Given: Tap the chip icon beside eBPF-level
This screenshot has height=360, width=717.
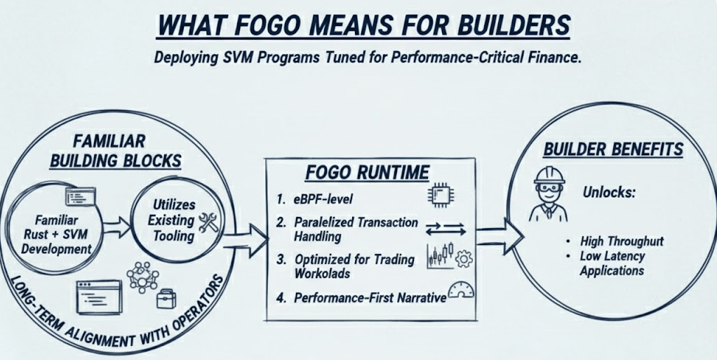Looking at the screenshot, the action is click(x=438, y=194).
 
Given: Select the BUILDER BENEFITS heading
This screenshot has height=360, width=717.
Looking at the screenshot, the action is click(x=612, y=149).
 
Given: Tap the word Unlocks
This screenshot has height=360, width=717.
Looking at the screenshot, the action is click(x=608, y=193).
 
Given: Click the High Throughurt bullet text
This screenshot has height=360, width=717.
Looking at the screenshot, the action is click(x=622, y=241).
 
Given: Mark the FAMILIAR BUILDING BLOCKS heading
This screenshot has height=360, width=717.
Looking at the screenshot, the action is click(x=116, y=150).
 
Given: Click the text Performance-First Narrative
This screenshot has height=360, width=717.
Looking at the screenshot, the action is click(x=370, y=298).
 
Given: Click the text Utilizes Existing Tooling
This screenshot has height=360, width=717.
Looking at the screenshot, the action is click(x=173, y=219).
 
